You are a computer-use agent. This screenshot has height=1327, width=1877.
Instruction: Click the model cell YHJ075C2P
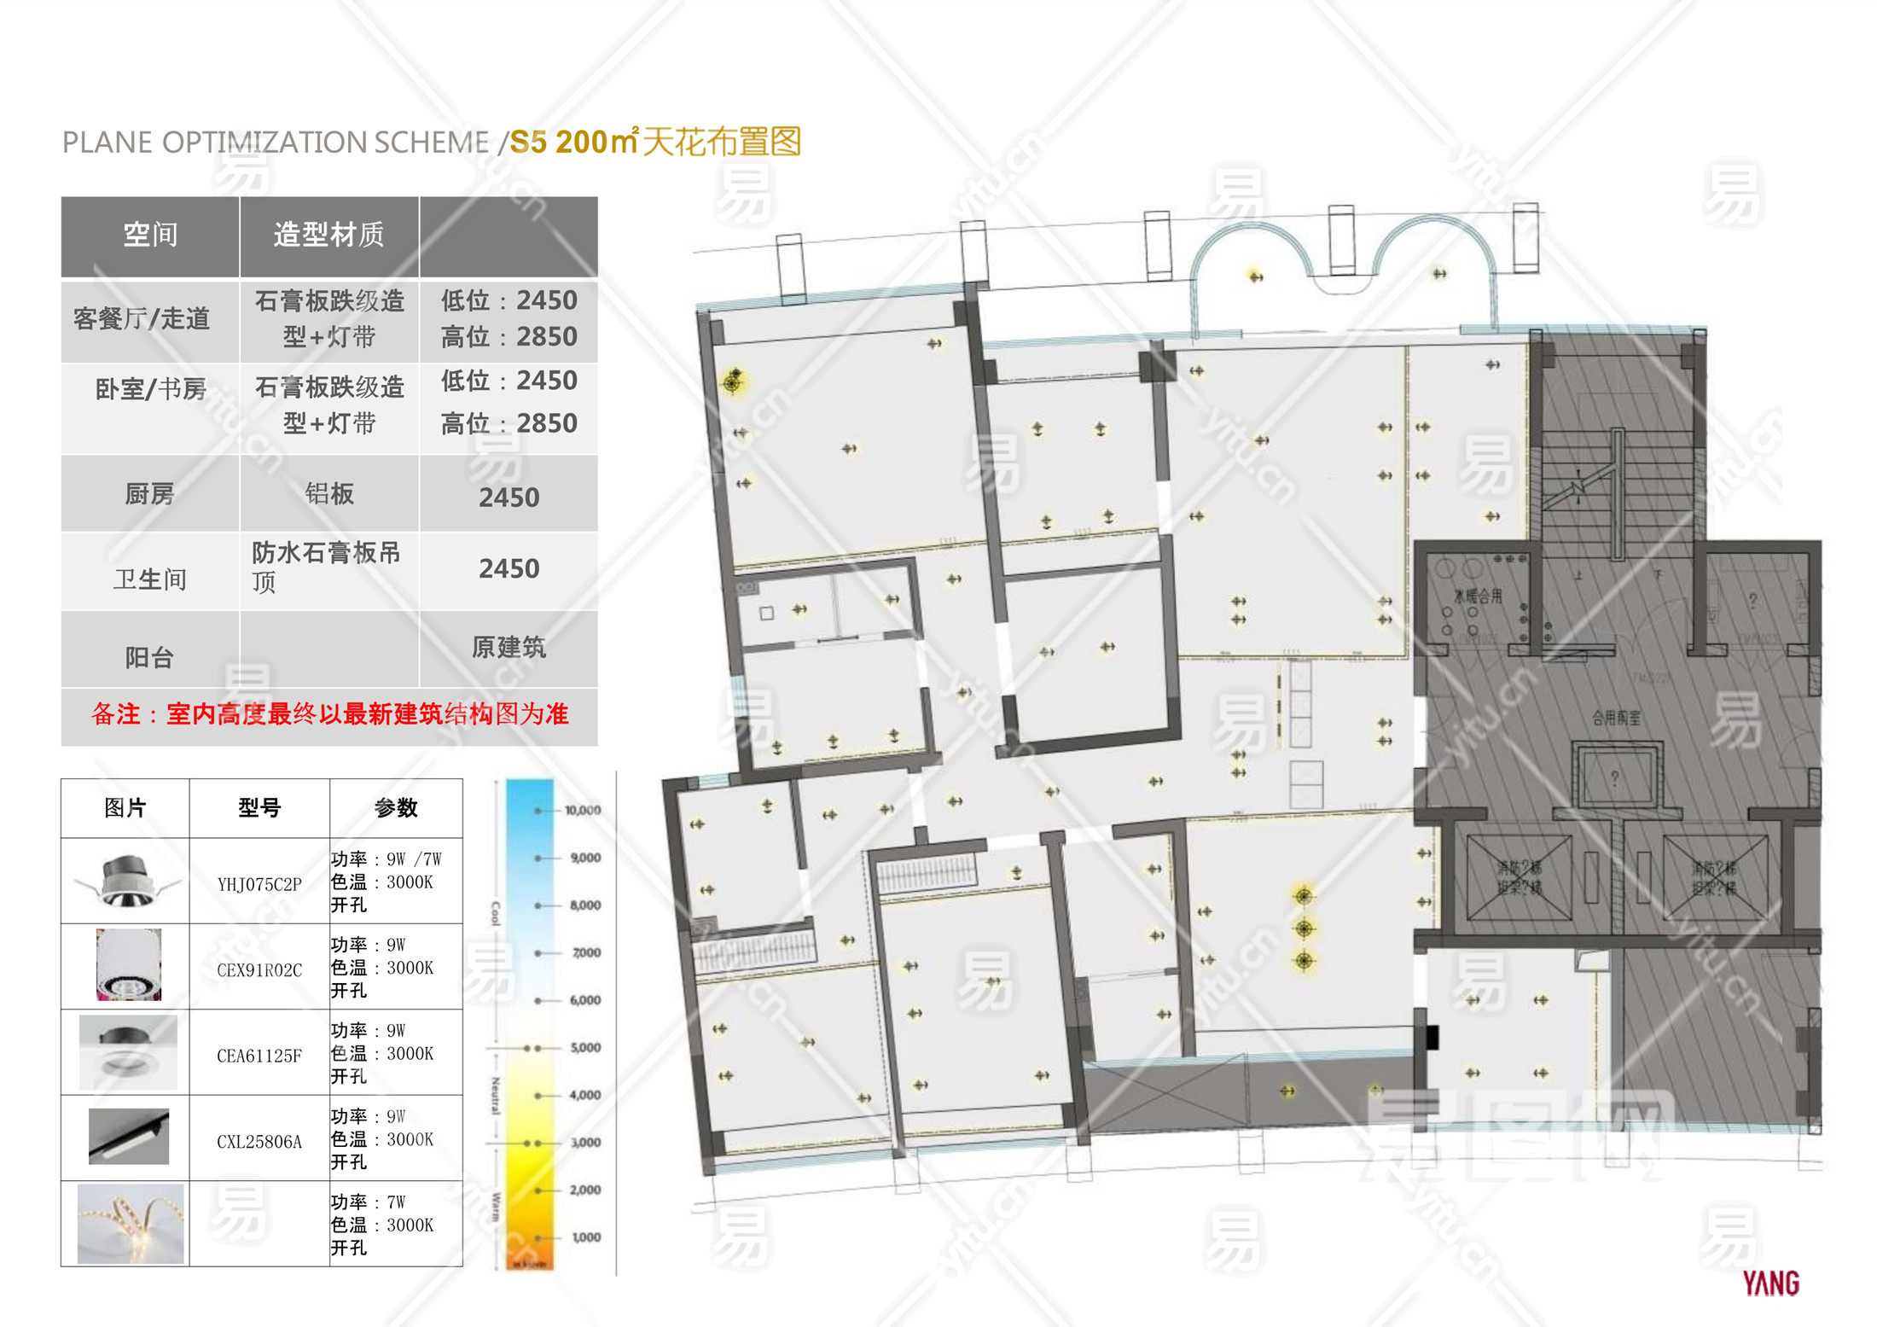click(259, 884)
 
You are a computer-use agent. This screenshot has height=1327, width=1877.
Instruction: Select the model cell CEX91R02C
click(259, 969)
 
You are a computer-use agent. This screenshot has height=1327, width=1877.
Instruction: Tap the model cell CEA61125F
click(259, 1056)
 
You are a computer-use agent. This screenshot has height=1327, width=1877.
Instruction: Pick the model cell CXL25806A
click(259, 1142)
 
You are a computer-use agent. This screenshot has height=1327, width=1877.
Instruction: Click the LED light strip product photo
click(130, 1224)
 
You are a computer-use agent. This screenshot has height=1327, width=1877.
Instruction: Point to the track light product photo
click(129, 1137)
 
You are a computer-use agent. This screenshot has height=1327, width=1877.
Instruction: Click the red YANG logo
click(1771, 1283)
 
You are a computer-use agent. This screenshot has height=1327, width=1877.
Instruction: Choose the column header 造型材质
click(328, 235)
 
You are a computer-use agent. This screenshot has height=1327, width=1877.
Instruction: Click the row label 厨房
click(149, 494)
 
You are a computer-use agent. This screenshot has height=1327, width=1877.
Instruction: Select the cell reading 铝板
click(329, 493)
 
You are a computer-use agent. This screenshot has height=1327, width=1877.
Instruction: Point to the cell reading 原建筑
click(508, 647)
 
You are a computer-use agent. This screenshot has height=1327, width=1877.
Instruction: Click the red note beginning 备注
click(329, 713)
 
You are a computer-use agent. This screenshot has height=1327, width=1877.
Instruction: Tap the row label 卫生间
click(149, 579)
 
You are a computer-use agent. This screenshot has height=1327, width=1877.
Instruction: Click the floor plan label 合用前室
click(1615, 719)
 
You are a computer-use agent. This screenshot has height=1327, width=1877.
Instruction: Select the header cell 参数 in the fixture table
click(396, 807)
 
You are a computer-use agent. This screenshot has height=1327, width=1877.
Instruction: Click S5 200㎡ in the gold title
click(574, 142)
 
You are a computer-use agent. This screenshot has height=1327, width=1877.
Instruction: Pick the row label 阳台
click(149, 657)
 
